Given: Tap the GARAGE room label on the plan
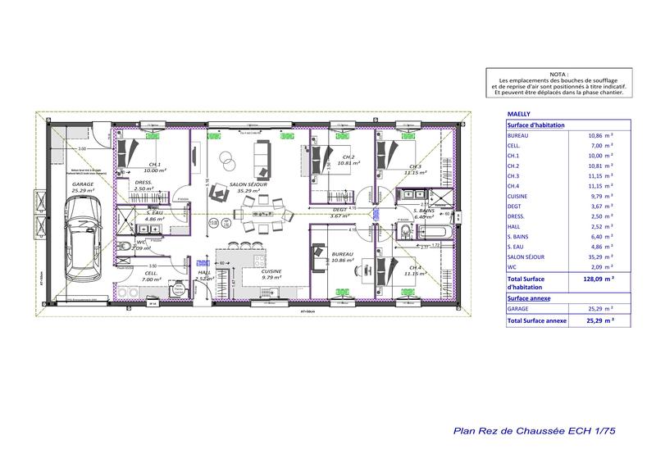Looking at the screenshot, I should [82, 185].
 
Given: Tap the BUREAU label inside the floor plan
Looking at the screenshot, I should [343, 255].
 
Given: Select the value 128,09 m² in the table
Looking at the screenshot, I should [606, 279].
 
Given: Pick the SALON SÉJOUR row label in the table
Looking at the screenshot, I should [526, 256].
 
